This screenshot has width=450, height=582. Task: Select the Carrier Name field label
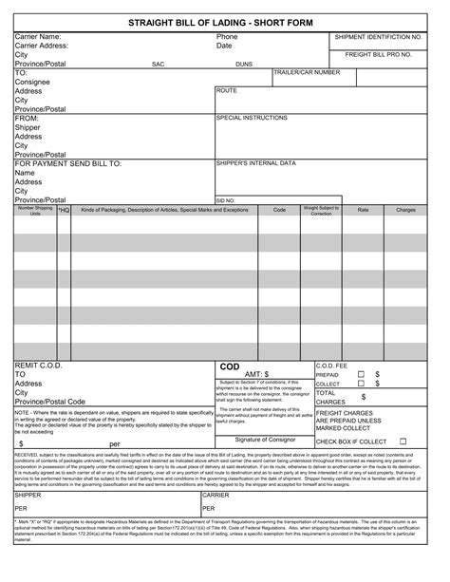pos(37,36)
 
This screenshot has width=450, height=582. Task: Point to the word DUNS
pos(244,65)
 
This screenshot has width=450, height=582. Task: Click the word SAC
pos(159,65)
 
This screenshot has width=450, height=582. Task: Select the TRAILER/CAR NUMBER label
pos(307,72)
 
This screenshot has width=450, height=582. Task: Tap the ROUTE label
pos(227,90)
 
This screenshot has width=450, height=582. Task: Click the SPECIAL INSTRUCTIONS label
pos(253,118)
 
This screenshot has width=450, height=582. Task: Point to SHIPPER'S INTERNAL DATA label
pos(256,163)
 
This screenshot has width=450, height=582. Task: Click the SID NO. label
pos(226,200)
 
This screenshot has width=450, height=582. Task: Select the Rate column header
pos(363,209)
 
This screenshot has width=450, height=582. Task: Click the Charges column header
pos(405,209)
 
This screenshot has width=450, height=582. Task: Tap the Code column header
pos(279,209)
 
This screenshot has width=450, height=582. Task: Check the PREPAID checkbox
pos(360,374)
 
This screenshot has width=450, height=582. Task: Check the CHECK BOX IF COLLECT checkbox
pos(403,441)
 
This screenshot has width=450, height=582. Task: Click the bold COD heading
pos(230,366)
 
